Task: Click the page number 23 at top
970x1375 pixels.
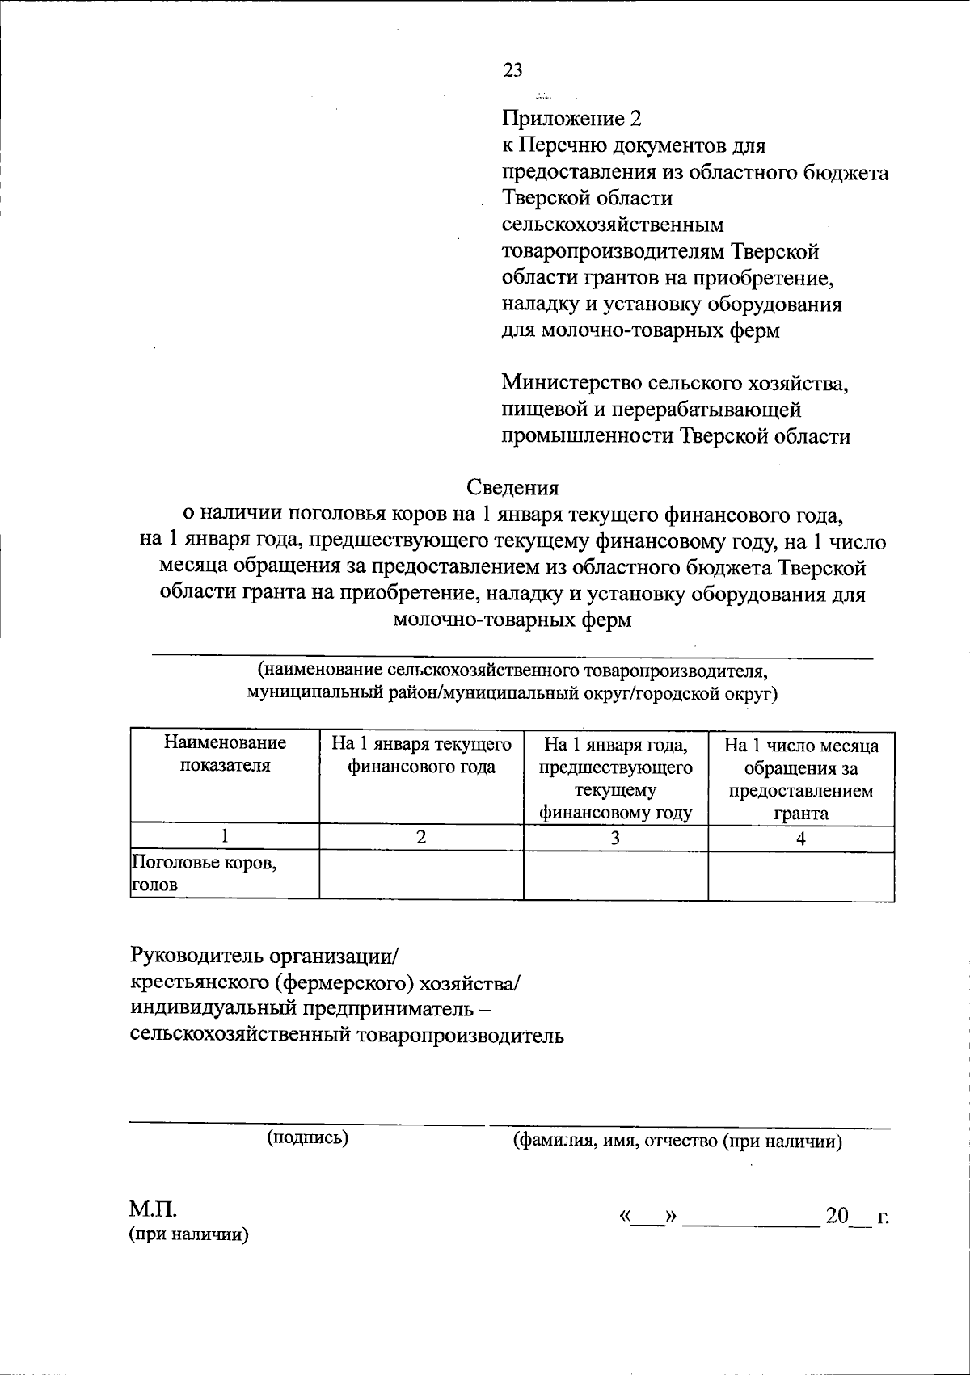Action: (512, 70)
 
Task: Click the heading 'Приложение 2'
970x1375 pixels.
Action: (571, 119)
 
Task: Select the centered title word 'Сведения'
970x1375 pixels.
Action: (512, 487)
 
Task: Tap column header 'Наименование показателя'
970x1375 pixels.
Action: (225, 753)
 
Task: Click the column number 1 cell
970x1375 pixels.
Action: (225, 838)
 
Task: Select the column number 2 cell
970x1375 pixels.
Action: (421, 838)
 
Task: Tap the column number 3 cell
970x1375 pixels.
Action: (615, 838)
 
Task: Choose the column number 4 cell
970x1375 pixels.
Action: (800, 838)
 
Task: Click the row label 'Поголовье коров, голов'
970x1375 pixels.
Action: (204, 874)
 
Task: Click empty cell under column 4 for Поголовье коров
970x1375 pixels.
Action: (800, 875)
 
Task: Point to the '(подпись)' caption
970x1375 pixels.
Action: (307, 1137)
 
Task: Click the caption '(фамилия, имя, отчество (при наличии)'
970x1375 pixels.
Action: (678, 1141)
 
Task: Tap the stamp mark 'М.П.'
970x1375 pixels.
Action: (153, 1209)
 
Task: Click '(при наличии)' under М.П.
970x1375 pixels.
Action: (189, 1234)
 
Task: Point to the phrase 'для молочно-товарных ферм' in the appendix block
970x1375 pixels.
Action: (640, 330)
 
